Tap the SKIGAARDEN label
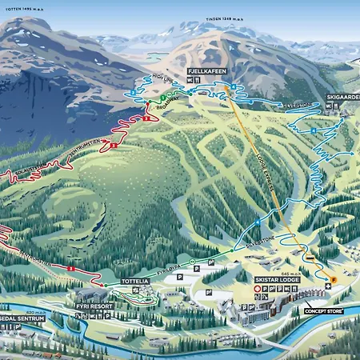(342, 96)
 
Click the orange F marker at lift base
(334, 278)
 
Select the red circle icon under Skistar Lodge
(258, 288)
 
